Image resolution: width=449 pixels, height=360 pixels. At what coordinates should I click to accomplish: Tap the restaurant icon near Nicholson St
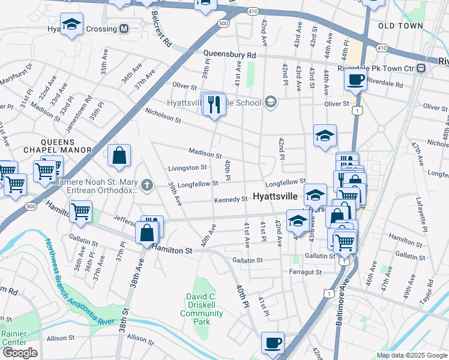coord(214,104)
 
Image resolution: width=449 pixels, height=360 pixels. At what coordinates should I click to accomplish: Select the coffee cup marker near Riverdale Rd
coord(355,80)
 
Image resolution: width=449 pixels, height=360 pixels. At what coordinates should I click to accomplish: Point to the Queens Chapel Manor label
coord(58,150)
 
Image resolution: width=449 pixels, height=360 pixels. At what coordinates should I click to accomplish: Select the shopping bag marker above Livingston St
coord(119,155)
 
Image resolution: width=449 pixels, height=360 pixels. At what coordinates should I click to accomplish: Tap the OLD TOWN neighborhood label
coord(400,26)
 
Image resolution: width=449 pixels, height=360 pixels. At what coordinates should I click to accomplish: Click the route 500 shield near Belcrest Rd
coord(224,23)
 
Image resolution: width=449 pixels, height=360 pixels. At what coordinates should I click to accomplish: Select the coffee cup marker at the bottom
coord(273,342)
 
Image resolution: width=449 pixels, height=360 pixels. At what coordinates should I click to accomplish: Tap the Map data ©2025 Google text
coord(411,355)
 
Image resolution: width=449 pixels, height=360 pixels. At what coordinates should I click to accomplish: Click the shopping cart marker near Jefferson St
coord(80,211)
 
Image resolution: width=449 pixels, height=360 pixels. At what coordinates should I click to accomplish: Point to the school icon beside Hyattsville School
coord(270,102)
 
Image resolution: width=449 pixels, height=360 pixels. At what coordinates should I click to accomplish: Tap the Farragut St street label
coord(305,272)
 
